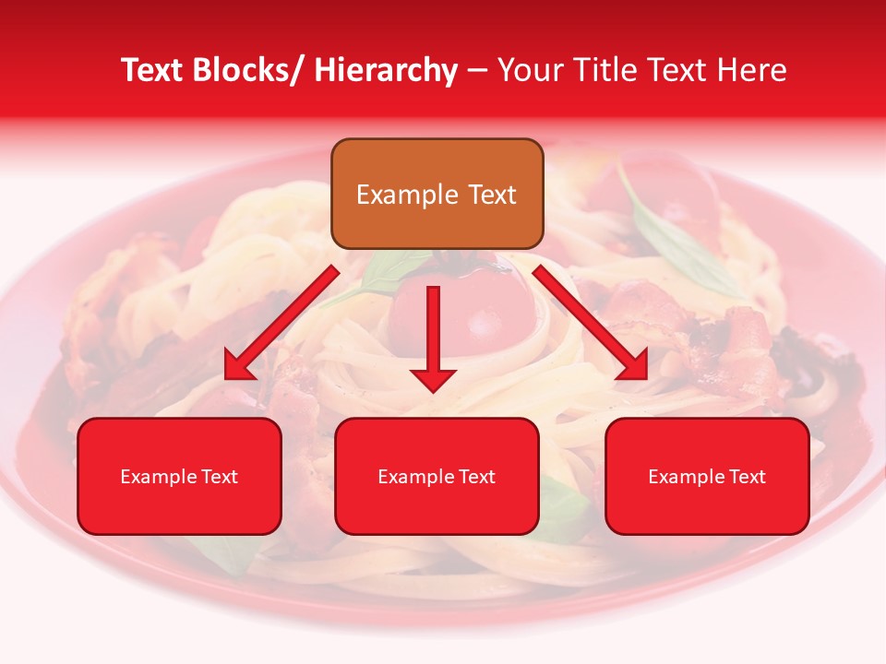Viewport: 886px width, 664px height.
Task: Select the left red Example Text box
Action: click(179, 476)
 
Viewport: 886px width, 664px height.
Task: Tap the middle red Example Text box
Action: click(437, 476)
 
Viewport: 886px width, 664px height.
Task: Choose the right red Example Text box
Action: click(707, 476)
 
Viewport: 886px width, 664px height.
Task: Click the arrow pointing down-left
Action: click(281, 323)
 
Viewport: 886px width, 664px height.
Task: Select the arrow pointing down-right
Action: click(591, 323)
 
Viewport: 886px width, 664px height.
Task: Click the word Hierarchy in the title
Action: click(386, 70)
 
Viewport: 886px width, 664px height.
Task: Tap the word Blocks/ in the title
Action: click(246, 70)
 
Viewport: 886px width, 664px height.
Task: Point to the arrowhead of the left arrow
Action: click(238, 367)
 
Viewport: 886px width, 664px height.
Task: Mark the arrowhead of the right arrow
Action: click(634, 367)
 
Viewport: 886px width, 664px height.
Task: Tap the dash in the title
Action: click(477, 72)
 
